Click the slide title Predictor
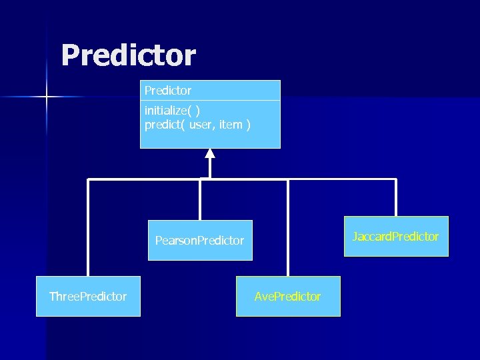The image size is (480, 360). [128, 55]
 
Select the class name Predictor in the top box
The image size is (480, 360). [167, 90]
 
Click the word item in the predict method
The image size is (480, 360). [230, 124]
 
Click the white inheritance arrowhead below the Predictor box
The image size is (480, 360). [210, 153]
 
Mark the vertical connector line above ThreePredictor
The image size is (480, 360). [89, 227]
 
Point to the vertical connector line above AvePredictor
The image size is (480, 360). [288, 227]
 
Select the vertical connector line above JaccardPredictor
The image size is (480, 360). [396, 197]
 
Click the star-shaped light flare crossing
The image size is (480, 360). [47, 97]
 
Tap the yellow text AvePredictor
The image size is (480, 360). [287, 297]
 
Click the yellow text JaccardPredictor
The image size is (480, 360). [396, 237]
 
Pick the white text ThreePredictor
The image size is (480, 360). [88, 297]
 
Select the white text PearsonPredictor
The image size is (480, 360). [200, 241]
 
